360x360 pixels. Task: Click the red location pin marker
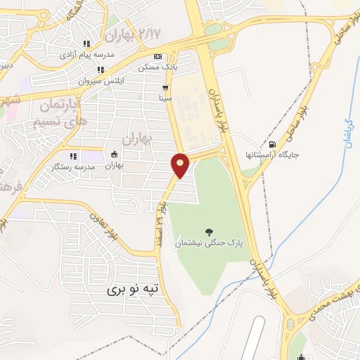click(180, 165)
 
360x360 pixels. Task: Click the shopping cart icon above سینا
click(165, 89)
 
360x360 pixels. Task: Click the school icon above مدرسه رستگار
click(72, 155)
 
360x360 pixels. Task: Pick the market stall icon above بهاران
click(115, 155)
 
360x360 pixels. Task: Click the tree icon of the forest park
click(208, 231)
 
